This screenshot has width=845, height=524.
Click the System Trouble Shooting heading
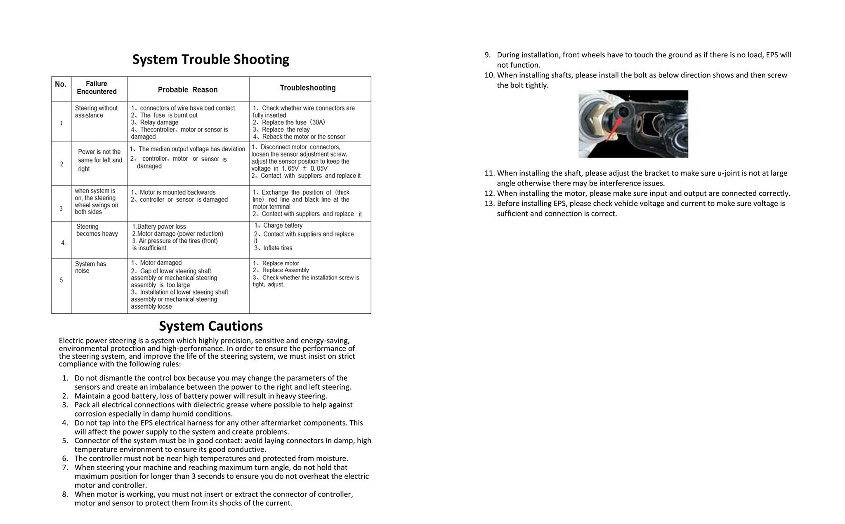pos(210,59)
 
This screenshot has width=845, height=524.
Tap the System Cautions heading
pos(211,326)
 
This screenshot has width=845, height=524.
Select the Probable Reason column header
pos(188,90)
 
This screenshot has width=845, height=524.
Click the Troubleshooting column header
pos(308,88)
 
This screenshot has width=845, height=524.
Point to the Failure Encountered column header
pos(97,87)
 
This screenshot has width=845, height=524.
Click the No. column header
pos(61,84)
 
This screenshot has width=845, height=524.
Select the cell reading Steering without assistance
pos(96,112)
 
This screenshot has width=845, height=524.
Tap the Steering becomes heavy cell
pos(97,230)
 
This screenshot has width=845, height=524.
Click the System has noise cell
pos(90,267)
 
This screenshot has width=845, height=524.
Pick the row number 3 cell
pos(61,209)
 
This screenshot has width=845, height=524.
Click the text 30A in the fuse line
pos(319,122)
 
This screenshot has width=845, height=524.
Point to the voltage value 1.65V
pos(290,169)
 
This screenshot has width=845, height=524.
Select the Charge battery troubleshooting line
pos(283,226)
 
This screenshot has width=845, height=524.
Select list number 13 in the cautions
pos(489,204)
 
